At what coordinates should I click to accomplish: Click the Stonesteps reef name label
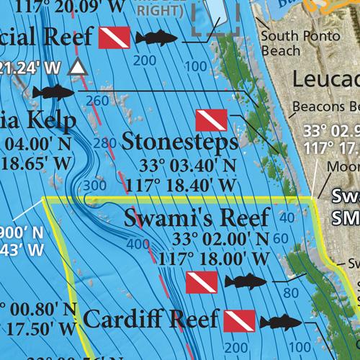179,142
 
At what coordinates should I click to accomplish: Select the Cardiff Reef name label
148,318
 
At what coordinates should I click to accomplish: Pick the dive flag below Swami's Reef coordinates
201,282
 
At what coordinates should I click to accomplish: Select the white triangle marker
76,68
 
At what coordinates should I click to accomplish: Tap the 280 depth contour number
104,143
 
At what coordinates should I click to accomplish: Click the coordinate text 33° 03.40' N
179,166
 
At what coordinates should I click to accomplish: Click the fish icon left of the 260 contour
54,92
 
